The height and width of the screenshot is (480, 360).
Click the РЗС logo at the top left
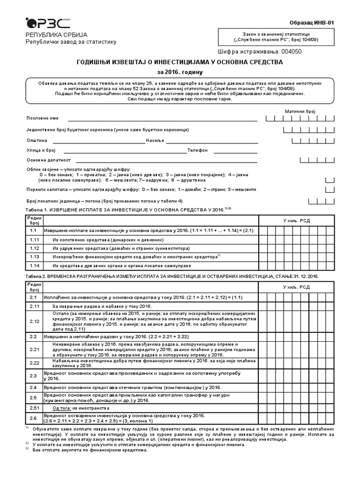[44, 22]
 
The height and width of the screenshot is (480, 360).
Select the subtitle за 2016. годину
[180, 72]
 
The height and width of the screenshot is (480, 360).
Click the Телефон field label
[197, 150]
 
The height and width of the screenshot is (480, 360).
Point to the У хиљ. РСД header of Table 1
[296, 220]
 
